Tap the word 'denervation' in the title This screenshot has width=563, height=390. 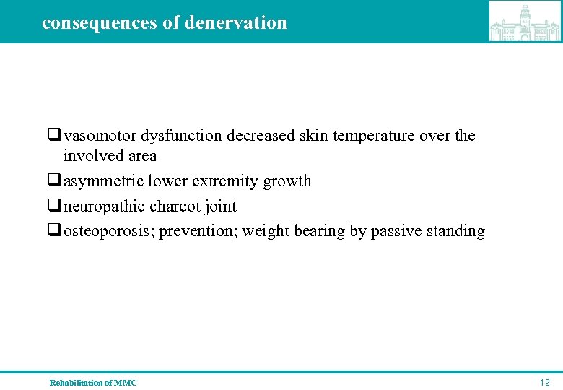[235, 22]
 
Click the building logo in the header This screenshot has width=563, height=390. [525, 21]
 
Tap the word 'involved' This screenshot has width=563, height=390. [90, 155]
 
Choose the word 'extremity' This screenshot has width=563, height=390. [227, 181]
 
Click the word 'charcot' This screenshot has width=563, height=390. [175, 206]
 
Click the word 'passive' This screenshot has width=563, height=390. [397, 231]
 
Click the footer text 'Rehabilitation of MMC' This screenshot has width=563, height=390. [93, 382]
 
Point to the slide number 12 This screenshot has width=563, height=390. [544, 382]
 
